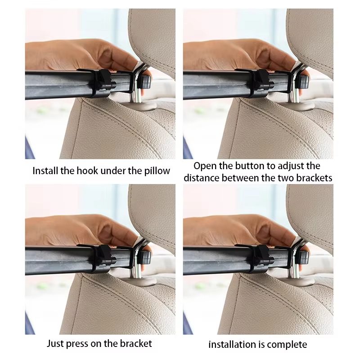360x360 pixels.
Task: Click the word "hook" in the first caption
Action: coord(87,171)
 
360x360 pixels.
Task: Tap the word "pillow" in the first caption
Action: coord(157,171)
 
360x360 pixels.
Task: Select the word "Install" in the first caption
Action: coord(45,171)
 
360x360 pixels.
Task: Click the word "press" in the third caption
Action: coord(77,344)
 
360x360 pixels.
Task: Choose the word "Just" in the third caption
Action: coord(55,343)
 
